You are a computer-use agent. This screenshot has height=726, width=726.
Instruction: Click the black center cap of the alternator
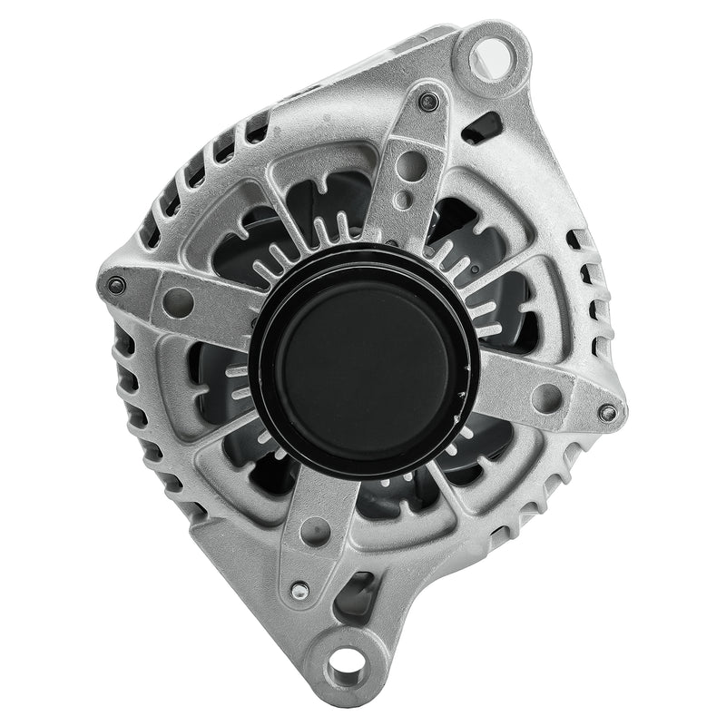pos(363,363)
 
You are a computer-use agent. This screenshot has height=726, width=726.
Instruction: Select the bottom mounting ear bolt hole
pos(346,665)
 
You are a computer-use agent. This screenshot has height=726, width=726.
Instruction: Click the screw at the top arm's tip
pos(428,101)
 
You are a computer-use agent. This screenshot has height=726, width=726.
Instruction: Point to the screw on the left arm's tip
pos(115,285)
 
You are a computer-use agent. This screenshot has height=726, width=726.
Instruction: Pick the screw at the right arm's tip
pos(607,413)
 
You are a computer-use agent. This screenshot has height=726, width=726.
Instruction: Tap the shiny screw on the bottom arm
pos(299,591)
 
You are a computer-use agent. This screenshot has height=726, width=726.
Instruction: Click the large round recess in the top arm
pos(411,165)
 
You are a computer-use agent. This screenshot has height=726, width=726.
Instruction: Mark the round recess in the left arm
pos(178,302)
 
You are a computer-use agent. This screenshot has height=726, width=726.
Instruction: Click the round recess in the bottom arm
pos(315,532)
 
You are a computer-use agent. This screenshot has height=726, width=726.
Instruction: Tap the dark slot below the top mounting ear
pos(483,127)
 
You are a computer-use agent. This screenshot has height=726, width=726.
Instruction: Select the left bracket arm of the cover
pos(181,299)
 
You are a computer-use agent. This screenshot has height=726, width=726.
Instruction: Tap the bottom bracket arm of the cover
pos(313,535)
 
